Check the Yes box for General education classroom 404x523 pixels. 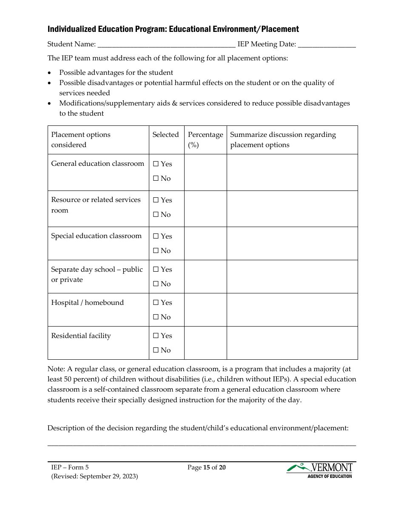click(156, 164)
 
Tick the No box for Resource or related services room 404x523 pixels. click(156, 215)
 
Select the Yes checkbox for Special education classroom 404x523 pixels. click(156, 236)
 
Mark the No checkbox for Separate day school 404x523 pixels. click(156, 284)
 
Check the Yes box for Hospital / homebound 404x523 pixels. click(156, 303)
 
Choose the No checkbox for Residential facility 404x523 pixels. click(156, 350)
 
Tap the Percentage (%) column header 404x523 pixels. click(205, 139)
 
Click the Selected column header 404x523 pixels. click(165, 135)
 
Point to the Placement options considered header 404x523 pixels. click(81, 139)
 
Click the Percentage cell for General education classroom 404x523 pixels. click(205, 172)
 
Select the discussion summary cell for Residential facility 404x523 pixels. click(292, 343)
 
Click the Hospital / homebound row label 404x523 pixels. click(87, 303)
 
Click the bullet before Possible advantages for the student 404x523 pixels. click(50, 73)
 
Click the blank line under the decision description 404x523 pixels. click(202, 444)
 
